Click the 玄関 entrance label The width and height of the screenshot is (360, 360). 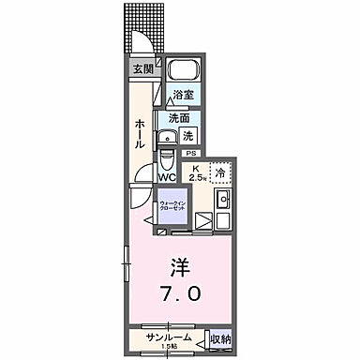(141, 68)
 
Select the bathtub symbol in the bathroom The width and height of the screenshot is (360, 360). (182, 73)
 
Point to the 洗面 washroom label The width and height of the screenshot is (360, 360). (179, 118)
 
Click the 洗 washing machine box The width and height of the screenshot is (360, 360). (187, 136)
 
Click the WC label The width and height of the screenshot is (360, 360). (167, 176)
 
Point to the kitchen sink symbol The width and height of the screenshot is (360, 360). (223, 200)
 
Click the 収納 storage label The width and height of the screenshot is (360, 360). (219, 337)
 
